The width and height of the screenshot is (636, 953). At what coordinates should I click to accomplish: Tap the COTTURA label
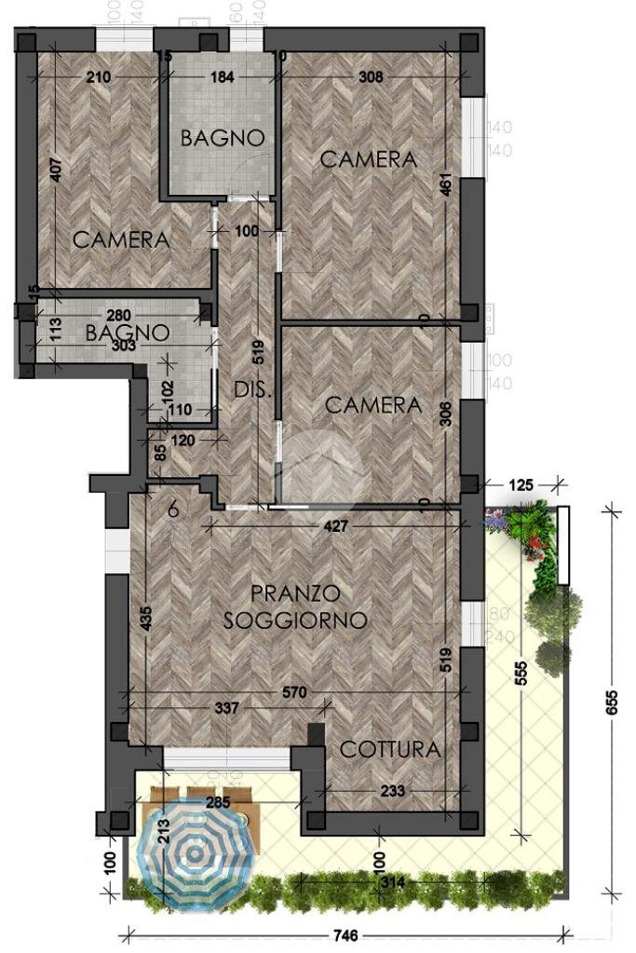point(389,749)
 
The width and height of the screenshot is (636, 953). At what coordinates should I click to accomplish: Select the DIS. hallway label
point(252,390)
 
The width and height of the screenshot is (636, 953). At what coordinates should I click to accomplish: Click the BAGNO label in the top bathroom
point(223,138)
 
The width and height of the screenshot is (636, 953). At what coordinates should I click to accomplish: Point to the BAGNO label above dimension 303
point(128,332)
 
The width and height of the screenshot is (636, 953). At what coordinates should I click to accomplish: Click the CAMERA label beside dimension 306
point(372,405)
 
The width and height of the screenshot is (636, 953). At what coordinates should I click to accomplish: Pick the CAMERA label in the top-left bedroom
point(121,239)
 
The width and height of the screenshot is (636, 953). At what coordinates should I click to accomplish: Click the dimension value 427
point(336,526)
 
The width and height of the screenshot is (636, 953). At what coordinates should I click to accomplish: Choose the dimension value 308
point(371,77)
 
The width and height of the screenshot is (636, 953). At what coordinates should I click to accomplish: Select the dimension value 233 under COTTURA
point(393,791)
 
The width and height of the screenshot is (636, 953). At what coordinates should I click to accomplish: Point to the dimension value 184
point(222,77)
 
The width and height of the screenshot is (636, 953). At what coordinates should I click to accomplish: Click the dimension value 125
point(521,483)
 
